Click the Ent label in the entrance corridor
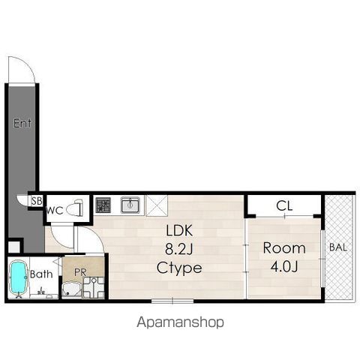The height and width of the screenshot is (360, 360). tap(22, 123)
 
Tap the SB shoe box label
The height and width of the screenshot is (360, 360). tap(37, 201)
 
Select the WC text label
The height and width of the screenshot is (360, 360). tap(55, 211)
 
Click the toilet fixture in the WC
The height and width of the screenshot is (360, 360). tap(75, 208)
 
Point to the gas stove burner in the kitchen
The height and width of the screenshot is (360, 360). tap(103, 205)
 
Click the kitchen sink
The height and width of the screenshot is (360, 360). tap(130, 205)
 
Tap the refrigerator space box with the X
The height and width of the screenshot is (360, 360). tap(157, 205)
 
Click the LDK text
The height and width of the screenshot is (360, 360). tap(179, 231)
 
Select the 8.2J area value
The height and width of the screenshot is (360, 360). tap(178, 249)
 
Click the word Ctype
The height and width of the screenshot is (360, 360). tap(179, 268)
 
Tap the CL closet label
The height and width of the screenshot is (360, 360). tap(284, 206)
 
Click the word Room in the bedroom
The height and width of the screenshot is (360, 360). tap(284, 248)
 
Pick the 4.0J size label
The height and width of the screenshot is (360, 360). tap(284, 266)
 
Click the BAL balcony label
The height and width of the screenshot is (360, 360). tap(338, 247)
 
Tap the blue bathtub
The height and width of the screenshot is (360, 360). tap(18, 277)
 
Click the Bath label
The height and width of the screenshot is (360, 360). tap(41, 274)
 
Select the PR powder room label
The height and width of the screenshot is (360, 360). tap(80, 272)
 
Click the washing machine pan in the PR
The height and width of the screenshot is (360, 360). tap(94, 287)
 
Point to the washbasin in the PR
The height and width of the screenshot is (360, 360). tap(71, 289)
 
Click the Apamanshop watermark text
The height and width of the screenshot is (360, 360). tap(180, 322)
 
